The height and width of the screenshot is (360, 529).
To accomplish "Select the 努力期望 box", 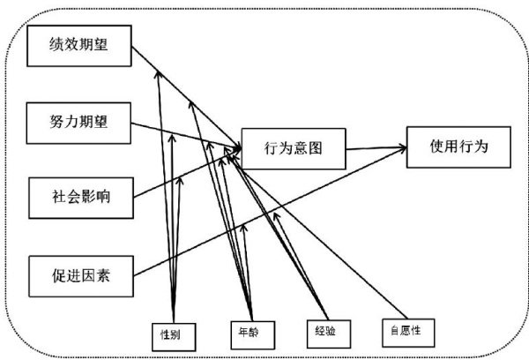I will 79,118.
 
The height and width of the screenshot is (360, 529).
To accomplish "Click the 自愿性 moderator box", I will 400,331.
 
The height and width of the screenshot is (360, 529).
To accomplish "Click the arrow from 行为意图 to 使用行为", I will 376,148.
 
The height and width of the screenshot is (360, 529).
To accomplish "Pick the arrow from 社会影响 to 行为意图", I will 185,176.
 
